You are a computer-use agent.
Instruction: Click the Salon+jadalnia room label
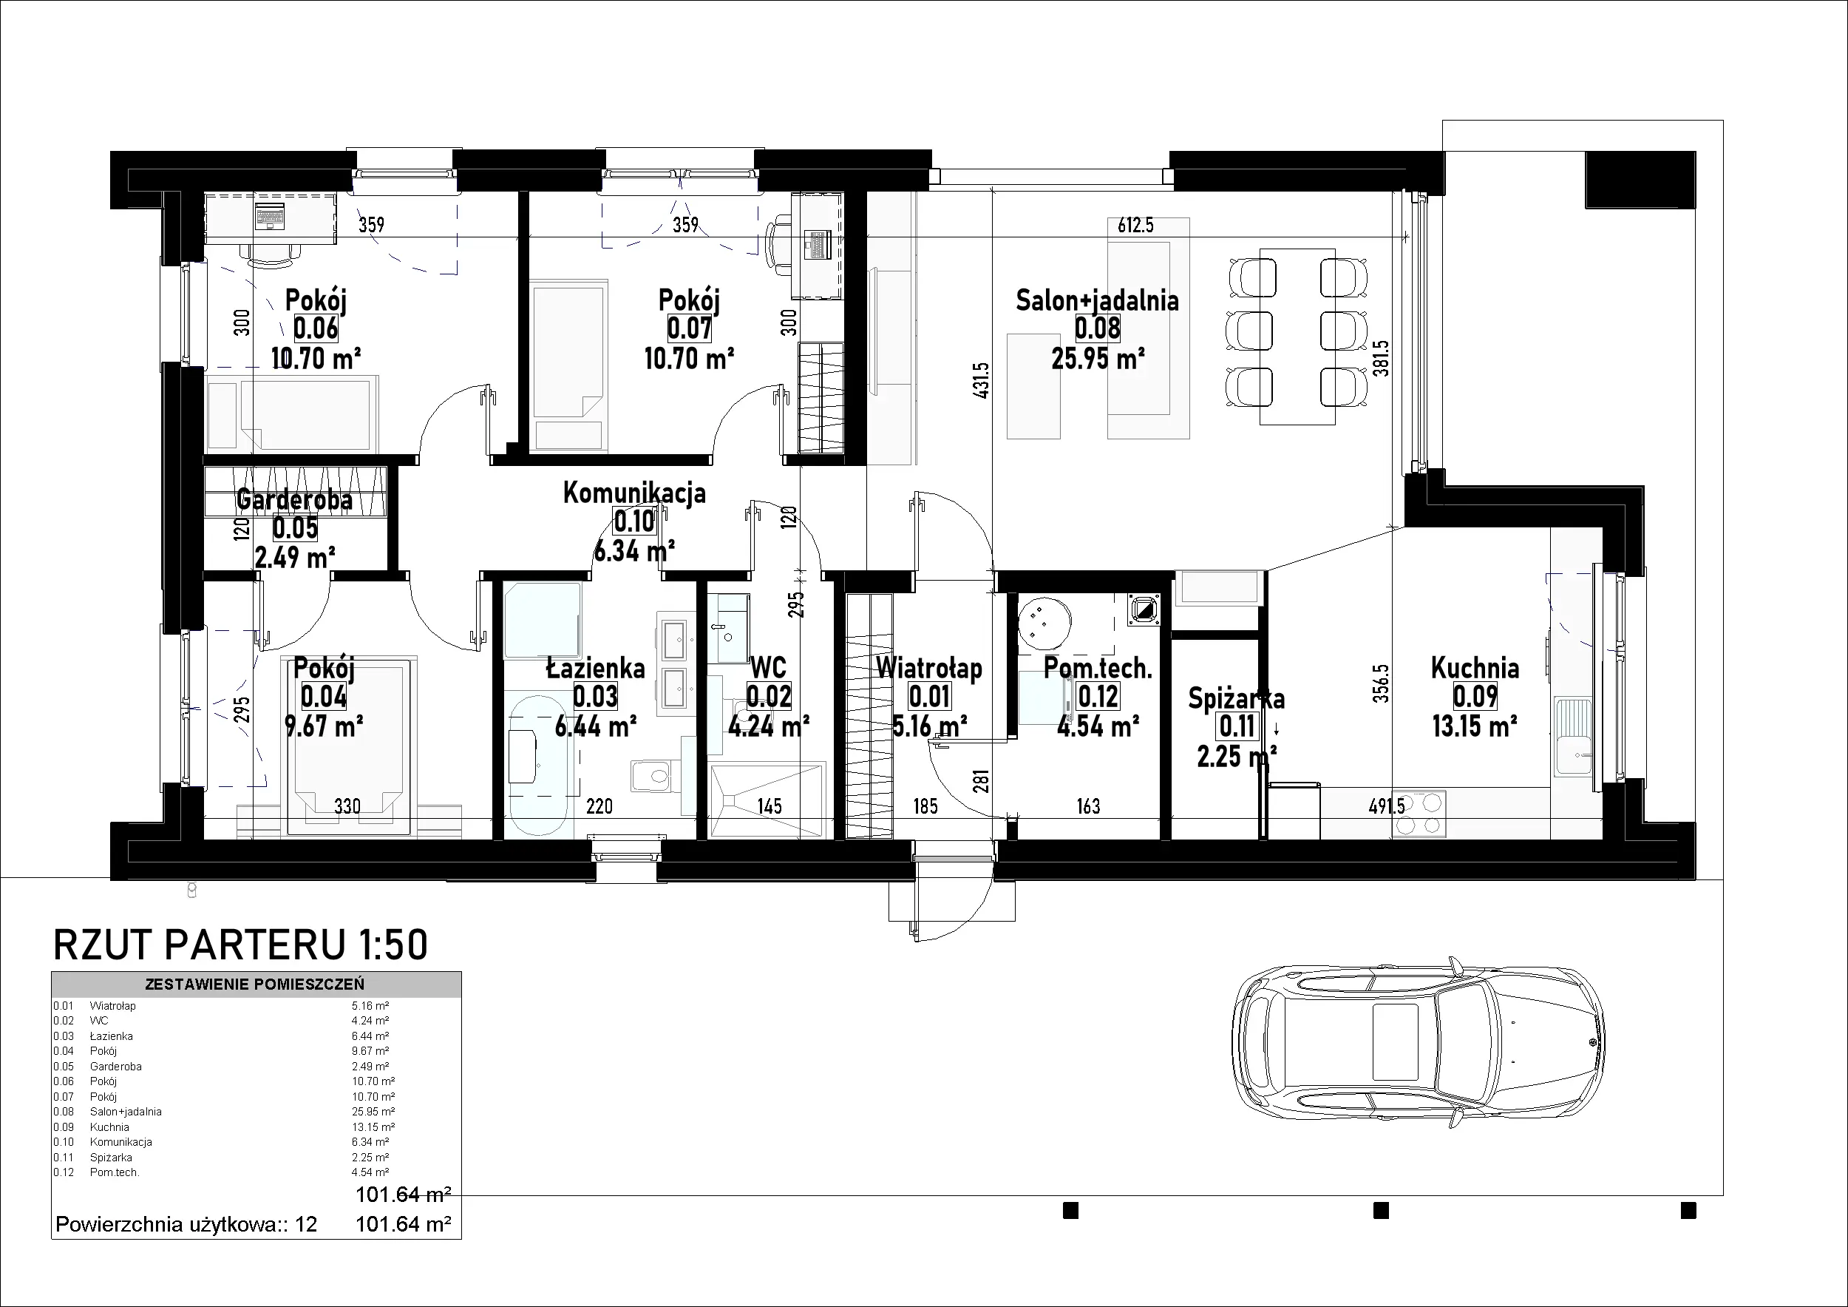(1097, 300)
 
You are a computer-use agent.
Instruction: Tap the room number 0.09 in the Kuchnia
(1475, 697)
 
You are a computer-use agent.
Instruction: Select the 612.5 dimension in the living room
(1135, 226)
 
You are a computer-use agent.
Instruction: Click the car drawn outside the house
(1420, 1050)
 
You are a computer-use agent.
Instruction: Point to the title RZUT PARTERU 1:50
(240, 945)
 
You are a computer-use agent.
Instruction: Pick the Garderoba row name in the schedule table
(116, 1066)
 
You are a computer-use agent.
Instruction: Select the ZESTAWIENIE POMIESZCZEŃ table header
(254, 984)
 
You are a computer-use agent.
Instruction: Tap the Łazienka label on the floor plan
(596, 669)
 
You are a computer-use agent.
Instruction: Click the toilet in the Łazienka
(650, 777)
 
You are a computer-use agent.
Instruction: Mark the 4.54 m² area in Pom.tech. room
(1097, 726)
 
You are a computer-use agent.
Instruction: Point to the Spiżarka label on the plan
(1236, 698)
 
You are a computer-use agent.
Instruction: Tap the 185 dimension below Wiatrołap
(925, 806)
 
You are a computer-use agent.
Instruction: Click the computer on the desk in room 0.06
(270, 217)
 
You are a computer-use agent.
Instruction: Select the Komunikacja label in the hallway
(634, 493)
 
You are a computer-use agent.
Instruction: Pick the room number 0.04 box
(324, 697)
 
